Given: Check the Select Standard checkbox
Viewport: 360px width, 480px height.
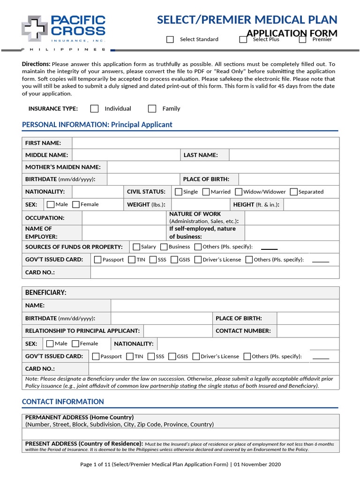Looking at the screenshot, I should (170, 39).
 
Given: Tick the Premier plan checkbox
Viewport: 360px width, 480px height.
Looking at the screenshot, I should (303, 39).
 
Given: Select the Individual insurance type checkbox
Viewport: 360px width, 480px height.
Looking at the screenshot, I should (95, 109).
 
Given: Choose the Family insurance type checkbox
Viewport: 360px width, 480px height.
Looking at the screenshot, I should (152, 109).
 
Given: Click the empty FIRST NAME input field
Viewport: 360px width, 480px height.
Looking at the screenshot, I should (206, 143).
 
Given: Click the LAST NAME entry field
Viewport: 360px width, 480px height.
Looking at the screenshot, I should (284, 155).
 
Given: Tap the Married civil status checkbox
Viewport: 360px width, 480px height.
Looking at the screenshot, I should (207, 192).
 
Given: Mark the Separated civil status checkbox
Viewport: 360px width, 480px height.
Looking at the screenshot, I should (294, 192).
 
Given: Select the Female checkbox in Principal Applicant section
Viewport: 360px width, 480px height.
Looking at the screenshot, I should (76, 204).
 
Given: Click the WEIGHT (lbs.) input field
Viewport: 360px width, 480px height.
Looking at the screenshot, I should (201, 205).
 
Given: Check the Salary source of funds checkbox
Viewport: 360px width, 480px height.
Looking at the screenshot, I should (136, 247).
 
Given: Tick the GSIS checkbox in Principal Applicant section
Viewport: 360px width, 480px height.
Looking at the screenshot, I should (174, 259).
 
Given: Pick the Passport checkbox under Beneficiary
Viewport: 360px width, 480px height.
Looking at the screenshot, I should (96, 356).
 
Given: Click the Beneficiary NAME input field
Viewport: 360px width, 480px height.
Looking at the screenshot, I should (225, 306).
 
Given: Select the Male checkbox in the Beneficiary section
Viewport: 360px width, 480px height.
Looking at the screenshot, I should (51, 344).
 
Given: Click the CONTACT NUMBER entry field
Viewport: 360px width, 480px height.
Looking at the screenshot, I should (307, 331).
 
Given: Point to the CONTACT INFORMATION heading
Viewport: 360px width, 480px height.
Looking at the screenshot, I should (63, 402).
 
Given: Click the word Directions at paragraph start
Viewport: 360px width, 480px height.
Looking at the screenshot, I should (36, 64).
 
